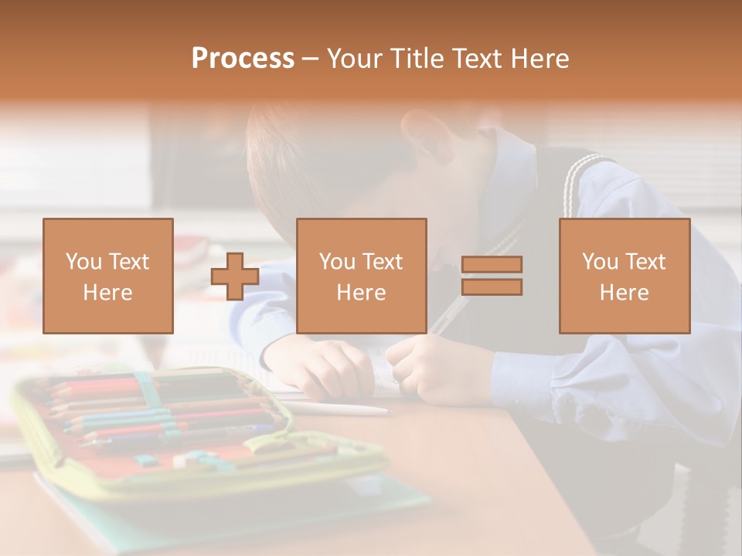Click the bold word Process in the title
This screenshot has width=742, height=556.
pos(243,59)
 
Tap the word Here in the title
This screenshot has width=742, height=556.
pos(539,59)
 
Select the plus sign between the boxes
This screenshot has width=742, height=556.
pos(235,276)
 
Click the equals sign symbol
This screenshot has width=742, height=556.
pos(492,276)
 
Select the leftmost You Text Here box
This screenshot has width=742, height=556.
pos(108,276)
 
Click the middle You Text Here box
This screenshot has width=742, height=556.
pos(361,276)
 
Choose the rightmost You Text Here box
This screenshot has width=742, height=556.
pos(624,276)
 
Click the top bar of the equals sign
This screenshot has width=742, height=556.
pos(492,264)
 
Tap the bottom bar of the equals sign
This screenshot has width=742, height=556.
pos(492,287)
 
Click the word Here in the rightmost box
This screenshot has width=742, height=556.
pos(624,293)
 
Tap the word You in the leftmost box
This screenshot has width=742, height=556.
pos(82,262)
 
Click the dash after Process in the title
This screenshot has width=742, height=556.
pos(310,59)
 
